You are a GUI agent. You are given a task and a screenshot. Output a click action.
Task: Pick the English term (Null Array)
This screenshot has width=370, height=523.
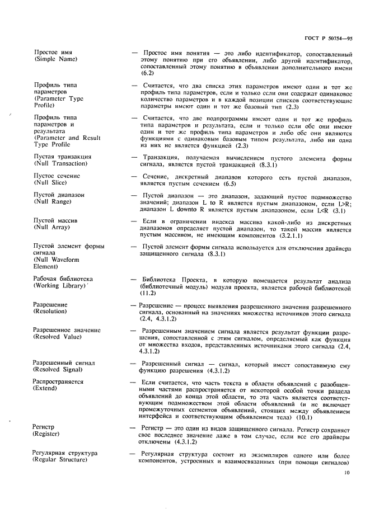51,228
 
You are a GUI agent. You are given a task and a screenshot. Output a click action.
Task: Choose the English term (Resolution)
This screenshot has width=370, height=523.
50,310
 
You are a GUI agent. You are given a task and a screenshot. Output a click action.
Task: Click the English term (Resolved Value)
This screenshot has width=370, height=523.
58,337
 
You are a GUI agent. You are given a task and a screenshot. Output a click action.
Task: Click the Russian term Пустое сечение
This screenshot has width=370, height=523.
57,176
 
